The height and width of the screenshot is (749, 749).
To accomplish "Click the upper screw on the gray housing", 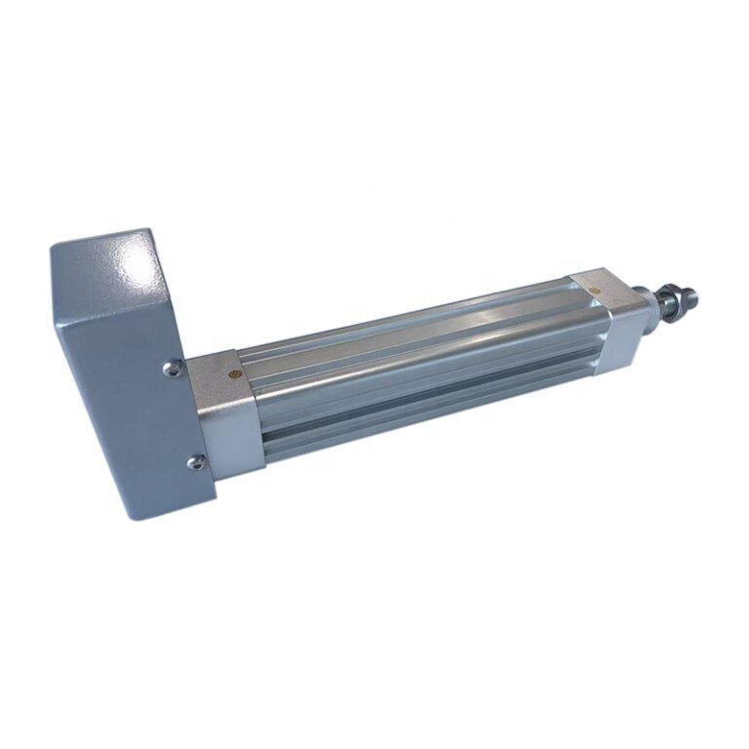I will tap(172, 368).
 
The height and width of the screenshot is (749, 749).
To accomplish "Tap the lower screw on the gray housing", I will tap(196, 462).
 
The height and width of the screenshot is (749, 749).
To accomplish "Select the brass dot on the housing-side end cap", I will tap(232, 374).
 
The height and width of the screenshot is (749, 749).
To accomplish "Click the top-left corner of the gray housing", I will tap(51, 247).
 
